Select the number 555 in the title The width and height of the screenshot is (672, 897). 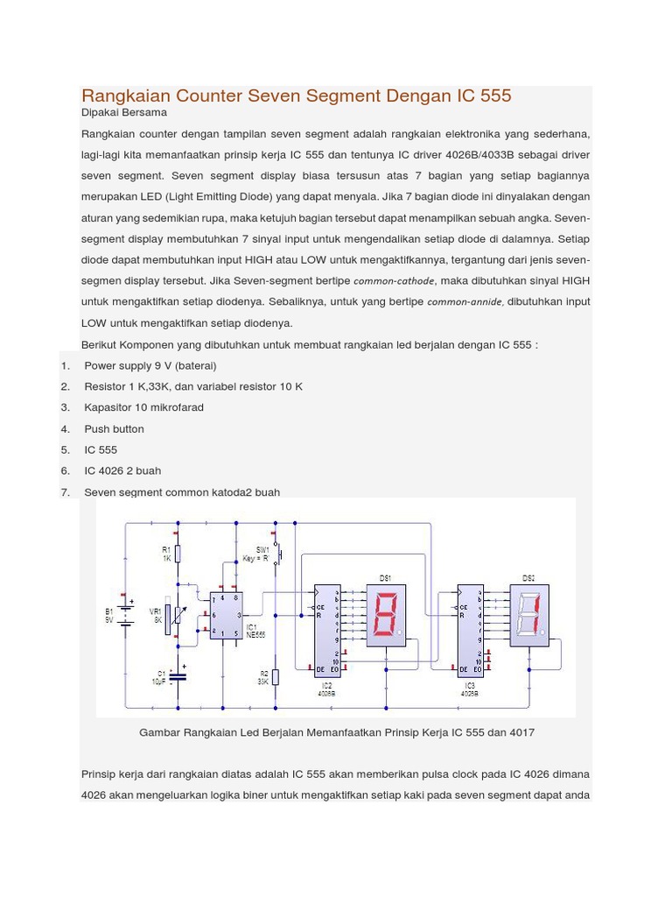[x=495, y=95]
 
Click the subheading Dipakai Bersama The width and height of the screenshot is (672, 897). [x=124, y=113]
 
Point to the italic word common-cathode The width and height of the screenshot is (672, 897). [x=394, y=281]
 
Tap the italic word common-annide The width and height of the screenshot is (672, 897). [x=465, y=302]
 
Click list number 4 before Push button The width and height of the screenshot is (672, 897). [x=66, y=429]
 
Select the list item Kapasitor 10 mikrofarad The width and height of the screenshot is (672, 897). [x=143, y=407]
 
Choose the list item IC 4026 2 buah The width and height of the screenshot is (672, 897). [x=122, y=471]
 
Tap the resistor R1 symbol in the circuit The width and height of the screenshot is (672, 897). [x=178, y=554]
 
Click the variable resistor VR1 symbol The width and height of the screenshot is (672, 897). [x=178, y=617]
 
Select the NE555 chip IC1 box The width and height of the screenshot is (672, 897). [x=226, y=616]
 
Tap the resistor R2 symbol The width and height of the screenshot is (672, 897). [x=276, y=677]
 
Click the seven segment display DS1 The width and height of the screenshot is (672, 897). [x=385, y=616]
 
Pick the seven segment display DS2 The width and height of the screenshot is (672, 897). [x=528, y=616]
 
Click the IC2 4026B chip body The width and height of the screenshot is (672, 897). [x=327, y=631]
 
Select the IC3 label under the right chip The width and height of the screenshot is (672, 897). [x=470, y=685]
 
